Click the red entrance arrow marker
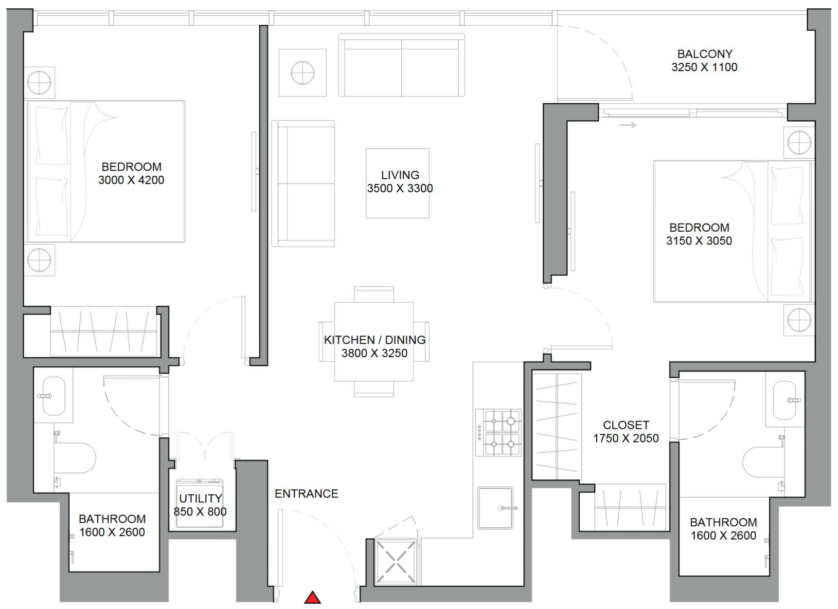click(x=312, y=597)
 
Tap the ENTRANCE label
click(x=306, y=494)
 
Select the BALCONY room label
click(x=705, y=54)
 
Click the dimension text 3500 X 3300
click(x=400, y=188)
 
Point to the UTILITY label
click(x=200, y=498)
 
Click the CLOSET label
click(x=626, y=425)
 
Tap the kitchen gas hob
click(x=498, y=432)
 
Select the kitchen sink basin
click(x=496, y=508)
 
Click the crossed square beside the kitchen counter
click(x=396, y=562)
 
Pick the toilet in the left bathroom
click(x=74, y=458)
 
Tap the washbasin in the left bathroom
click(x=53, y=396)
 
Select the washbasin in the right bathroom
click(x=785, y=400)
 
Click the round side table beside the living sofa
click(x=303, y=73)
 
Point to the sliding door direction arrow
click(x=628, y=125)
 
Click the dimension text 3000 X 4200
click(x=131, y=180)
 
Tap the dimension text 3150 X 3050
click(x=699, y=241)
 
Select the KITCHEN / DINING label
click(x=374, y=340)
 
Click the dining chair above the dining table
click(x=374, y=295)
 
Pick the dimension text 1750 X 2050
click(x=626, y=438)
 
